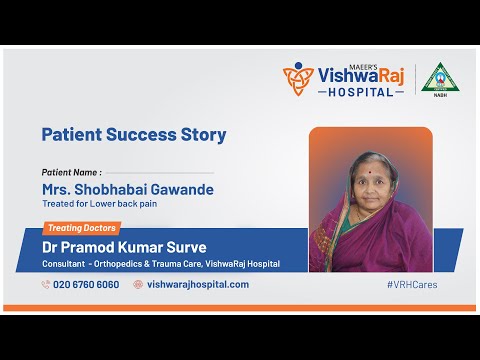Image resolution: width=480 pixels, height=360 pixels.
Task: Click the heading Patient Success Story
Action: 133,134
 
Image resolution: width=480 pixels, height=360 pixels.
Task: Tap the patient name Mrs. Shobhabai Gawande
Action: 127,189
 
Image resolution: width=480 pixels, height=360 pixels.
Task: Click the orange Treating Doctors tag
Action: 79,228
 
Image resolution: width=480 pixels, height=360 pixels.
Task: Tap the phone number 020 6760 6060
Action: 86,284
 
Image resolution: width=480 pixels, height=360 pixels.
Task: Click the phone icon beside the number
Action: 46,284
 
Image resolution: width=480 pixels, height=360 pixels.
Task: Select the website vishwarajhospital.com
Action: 198,284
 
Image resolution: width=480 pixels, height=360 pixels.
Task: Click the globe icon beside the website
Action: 138,284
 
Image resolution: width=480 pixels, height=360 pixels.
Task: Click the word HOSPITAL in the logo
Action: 359,91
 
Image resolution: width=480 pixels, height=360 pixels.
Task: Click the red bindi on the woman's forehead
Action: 371,170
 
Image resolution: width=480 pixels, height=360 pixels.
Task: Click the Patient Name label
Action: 71,172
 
